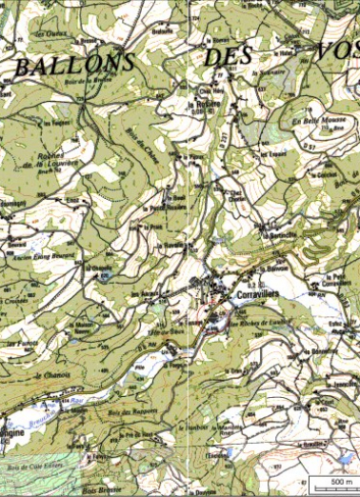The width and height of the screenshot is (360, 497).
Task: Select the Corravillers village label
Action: coord(255,297)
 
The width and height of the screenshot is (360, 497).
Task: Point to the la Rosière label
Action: coord(202,105)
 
